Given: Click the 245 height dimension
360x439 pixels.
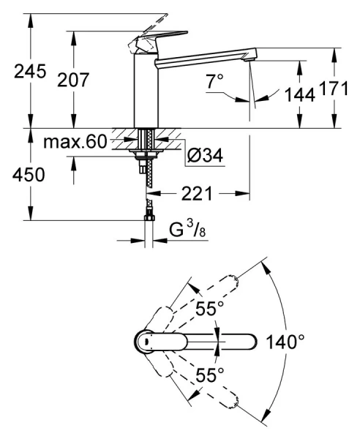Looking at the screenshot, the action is pyautogui.click(x=30, y=71).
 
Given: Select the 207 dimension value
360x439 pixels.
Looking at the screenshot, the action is pyautogui.click(x=73, y=80).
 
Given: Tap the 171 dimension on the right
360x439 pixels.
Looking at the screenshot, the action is pyautogui.click(x=334, y=89).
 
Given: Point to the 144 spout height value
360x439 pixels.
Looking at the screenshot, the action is pyautogui.click(x=300, y=94).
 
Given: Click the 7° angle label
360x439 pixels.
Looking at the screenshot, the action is pyautogui.click(x=215, y=81).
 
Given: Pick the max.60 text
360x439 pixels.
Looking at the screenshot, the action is pyautogui.click(x=75, y=141).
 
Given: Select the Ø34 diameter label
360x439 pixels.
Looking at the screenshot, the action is pyautogui.click(x=205, y=155).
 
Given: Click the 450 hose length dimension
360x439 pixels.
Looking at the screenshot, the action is pyautogui.click(x=29, y=175).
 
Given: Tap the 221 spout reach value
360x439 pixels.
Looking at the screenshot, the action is pyautogui.click(x=197, y=193).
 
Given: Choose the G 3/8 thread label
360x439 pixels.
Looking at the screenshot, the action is pyautogui.click(x=187, y=229).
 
